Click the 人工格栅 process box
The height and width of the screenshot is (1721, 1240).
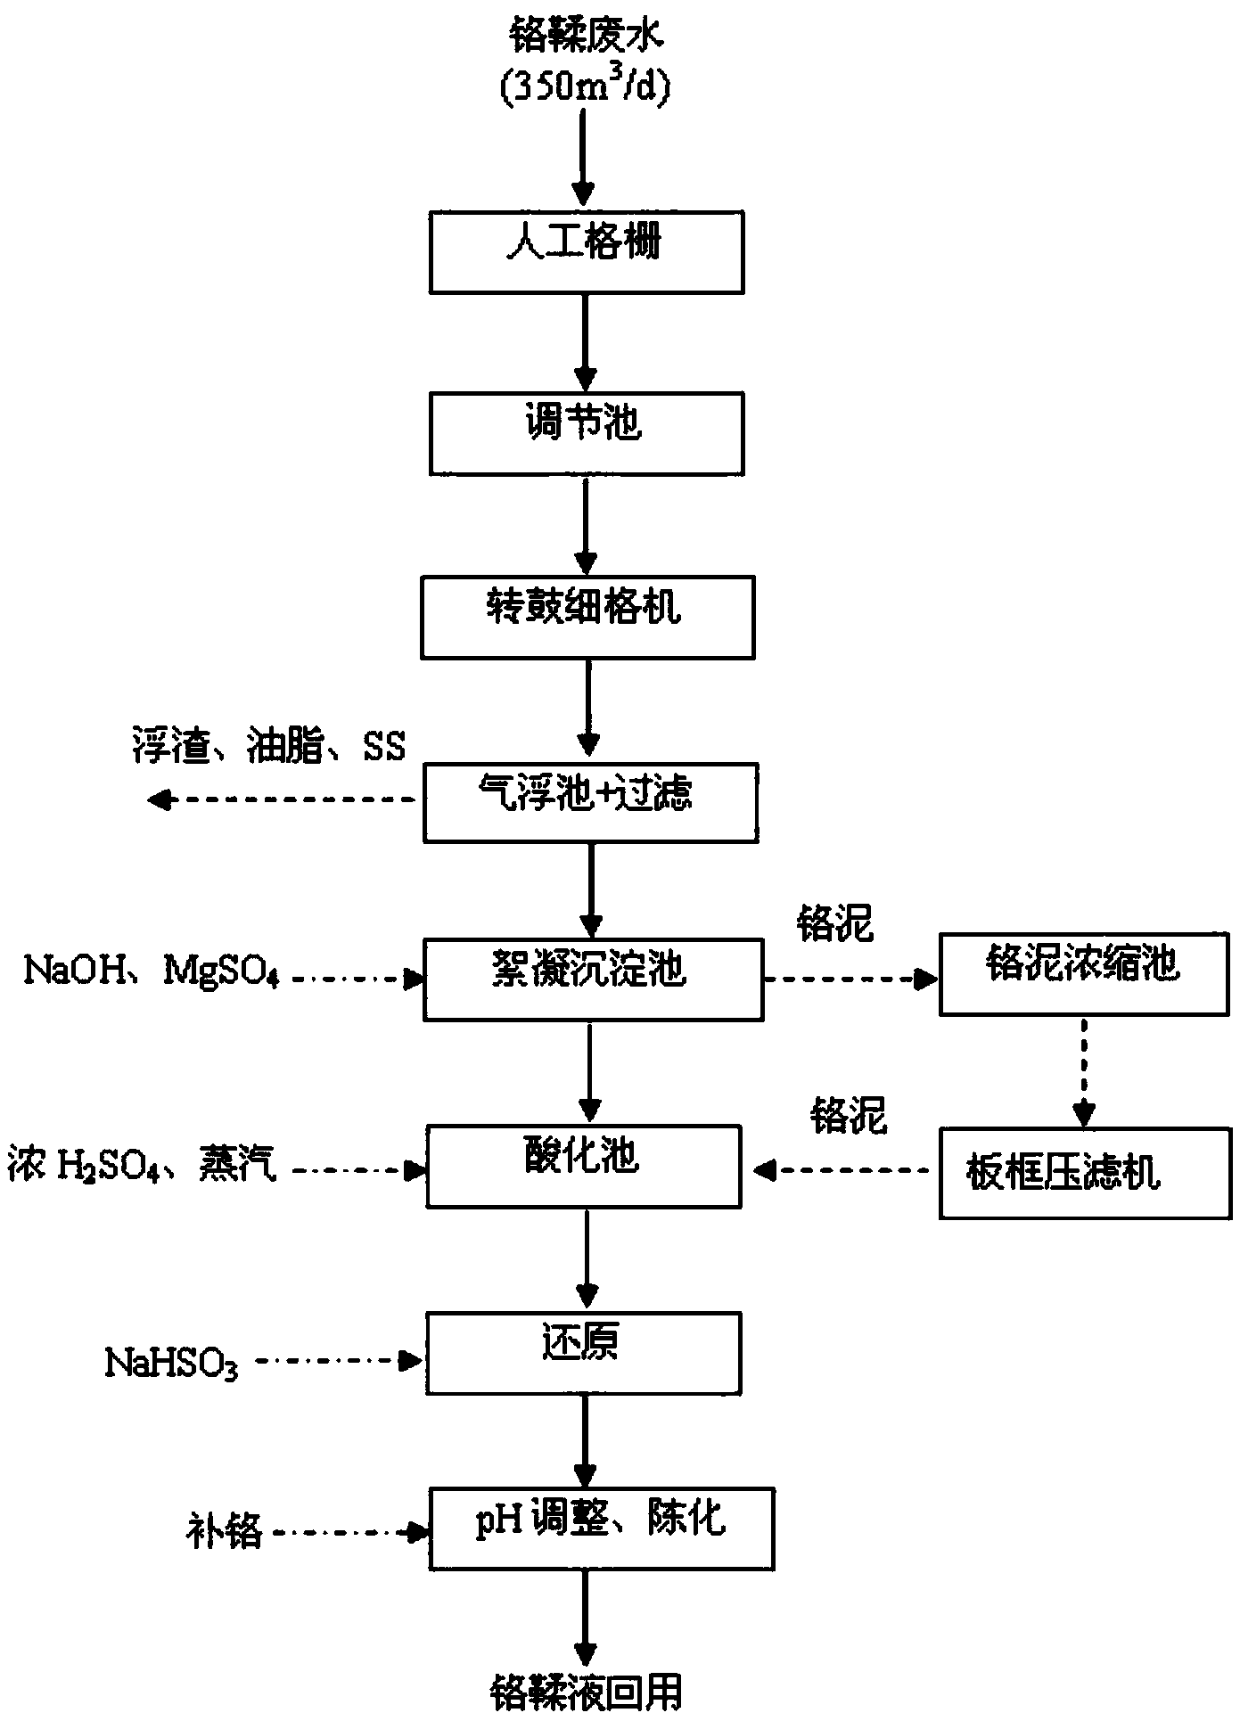pos(587,252)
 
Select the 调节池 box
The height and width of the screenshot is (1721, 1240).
pos(587,434)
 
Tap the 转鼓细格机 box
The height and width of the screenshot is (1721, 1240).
pos(587,617)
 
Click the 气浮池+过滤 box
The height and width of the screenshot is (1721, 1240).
pos(590,802)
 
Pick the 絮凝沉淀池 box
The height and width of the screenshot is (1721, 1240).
pos(593,979)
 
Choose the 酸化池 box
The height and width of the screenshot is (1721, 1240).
pos(584,1167)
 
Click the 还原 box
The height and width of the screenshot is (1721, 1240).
pos(584,1353)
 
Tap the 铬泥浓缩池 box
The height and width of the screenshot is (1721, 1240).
pos(1084,974)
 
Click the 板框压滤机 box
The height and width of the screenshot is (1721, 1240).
pos(1084,1174)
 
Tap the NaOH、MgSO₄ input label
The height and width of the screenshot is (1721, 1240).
pos(152,970)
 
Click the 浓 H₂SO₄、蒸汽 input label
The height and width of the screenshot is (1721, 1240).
pos(142,1163)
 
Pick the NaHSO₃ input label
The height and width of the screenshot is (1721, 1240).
pos(171,1365)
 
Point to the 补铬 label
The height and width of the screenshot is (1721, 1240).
pos(224,1532)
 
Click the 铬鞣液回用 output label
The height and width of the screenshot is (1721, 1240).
pos(586,1691)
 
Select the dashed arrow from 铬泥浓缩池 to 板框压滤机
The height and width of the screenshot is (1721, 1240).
pos(1084,1072)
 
